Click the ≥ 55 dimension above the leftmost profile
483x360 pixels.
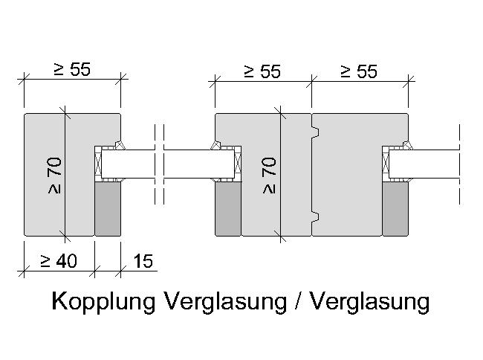72,69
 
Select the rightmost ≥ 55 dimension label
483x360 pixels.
359,71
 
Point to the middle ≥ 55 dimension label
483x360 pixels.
262,71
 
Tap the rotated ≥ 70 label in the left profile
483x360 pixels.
54,176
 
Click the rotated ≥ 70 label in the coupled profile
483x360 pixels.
269,176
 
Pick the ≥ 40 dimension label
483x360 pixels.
59,261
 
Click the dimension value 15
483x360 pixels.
143,261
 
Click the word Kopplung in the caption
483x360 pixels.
103,301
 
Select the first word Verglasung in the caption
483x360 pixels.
226,301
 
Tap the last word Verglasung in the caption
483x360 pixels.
369,301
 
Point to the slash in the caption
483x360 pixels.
298,300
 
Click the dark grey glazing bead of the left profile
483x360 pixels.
108,209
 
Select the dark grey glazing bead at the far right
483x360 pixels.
395,209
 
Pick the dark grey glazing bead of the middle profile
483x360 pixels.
228,209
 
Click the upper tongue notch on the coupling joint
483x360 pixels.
315,132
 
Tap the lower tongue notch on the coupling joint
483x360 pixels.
315,217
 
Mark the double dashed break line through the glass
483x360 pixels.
159,164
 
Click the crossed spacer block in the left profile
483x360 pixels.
98,164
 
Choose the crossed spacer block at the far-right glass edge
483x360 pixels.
386,164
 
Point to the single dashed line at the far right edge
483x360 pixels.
459,164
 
